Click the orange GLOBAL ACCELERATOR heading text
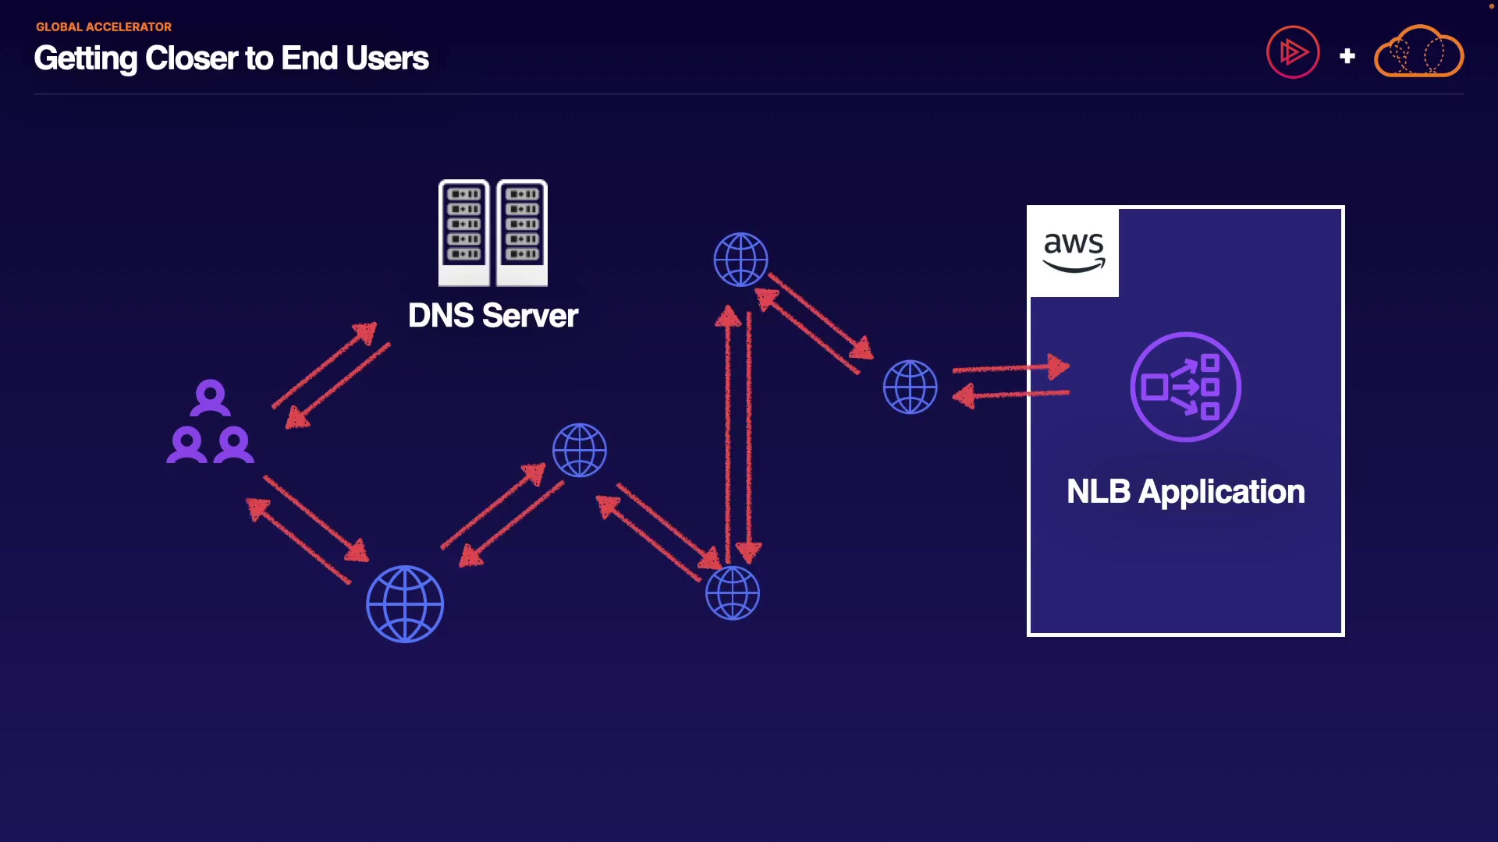pos(104,27)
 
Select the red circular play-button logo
pos(1293,52)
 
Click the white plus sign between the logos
pos(1347,56)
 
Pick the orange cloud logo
pos(1418,52)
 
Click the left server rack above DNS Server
pos(464,232)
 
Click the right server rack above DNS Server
pos(522,232)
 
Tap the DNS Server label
pos(493,316)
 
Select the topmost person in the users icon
pos(210,397)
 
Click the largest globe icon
pos(405,604)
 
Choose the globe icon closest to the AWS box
pos(910,387)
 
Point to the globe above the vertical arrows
pos(740,260)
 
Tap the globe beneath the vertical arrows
pos(732,593)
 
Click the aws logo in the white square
pos(1074,251)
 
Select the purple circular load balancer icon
pos(1185,387)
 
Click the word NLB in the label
pos(1098,492)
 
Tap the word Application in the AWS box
pos(1221,492)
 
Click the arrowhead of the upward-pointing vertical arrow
pos(728,317)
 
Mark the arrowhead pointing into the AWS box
pos(1057,366)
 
